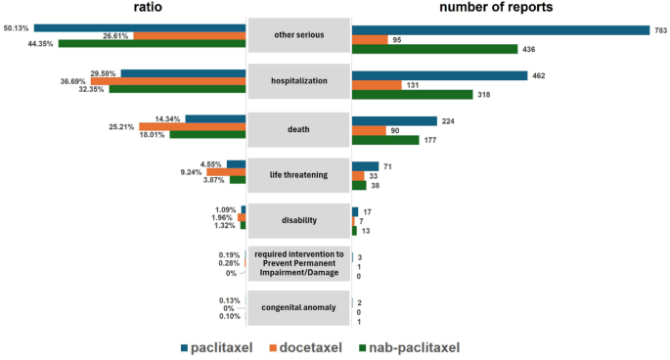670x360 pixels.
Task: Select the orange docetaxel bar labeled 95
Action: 370,40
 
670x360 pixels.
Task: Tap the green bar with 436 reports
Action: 434,49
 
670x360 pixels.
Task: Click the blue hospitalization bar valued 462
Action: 439,75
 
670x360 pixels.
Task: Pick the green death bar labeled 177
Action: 385,140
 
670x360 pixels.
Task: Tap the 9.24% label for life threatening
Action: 189,171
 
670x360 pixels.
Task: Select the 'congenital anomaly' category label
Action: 298,307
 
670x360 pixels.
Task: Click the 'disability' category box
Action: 298,220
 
